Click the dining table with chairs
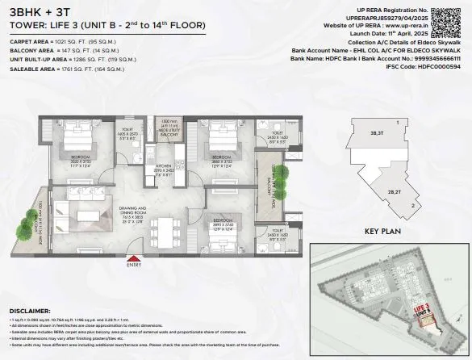click(x=165, y=228)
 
